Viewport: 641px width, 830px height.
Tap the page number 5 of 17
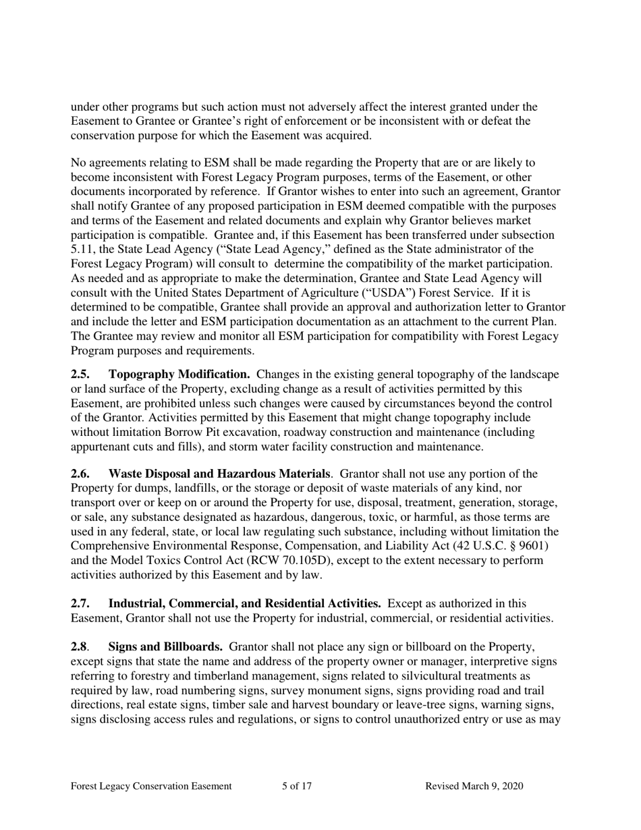(297, 786)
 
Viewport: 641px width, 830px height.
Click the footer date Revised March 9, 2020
(474, 786)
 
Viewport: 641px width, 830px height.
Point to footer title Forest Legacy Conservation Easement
(151, 786)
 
